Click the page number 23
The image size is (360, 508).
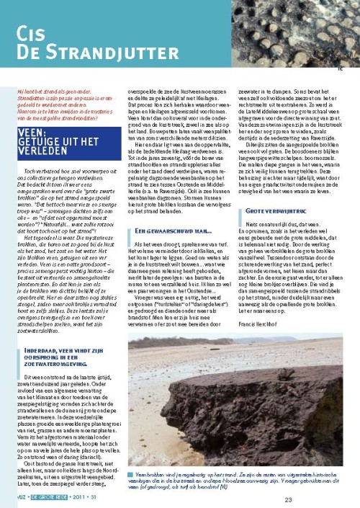pyautogui.click(x=329, y=499)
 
